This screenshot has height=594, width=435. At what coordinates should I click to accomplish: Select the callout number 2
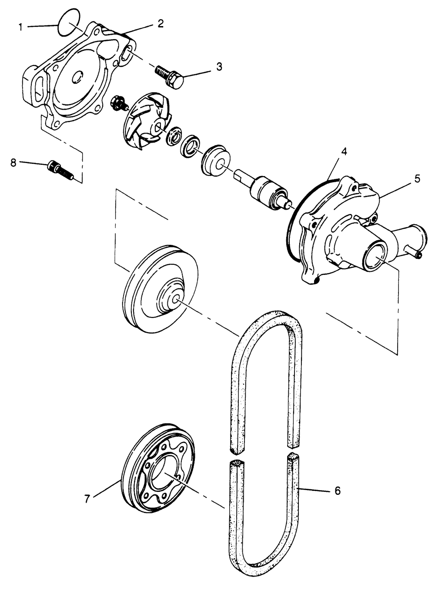click(x=161, y=24)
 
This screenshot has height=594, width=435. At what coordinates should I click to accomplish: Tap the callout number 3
click(x=219, y=67)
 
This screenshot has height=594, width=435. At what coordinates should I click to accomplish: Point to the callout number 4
click(x=344, y=152)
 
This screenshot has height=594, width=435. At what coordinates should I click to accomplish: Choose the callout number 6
click(x=337, y=491)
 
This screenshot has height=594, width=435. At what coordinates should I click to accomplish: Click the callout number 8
click(x=13, y=162)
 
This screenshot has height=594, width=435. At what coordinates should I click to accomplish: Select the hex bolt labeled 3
click(x=170, y=76)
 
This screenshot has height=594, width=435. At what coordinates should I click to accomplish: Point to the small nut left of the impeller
click(x=118, y=103)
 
